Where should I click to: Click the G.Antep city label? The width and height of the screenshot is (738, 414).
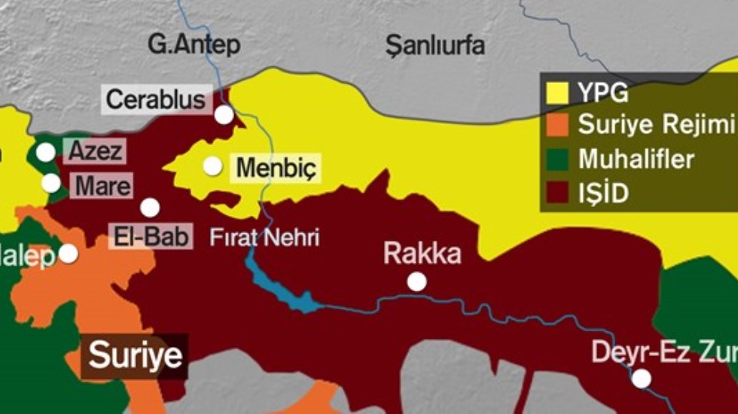194,44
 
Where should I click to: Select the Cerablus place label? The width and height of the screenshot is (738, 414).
156,99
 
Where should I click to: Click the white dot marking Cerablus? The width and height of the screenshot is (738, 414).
224,114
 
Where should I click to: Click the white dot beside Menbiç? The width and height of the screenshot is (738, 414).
212,166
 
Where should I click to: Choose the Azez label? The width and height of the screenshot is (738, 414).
95,151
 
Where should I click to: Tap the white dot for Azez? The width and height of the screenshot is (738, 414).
46,152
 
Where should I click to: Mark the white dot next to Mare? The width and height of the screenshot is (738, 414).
50,183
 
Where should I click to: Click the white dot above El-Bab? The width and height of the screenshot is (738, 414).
150,208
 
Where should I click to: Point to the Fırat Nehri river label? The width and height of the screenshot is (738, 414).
265,239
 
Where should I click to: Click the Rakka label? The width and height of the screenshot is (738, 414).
422,254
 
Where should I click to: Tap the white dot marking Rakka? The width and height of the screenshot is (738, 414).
416,282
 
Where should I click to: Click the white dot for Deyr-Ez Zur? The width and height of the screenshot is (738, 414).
641,378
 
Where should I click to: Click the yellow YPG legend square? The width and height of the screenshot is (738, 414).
557,93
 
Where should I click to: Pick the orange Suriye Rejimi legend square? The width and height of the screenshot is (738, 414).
557,126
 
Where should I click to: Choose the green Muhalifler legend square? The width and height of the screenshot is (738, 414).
557,159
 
